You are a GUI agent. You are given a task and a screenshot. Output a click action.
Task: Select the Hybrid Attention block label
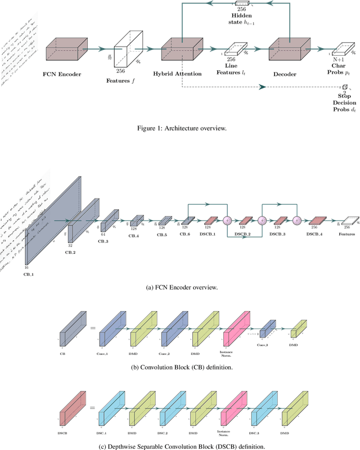tap(182, 74)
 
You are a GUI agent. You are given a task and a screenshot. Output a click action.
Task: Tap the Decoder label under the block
tap(289, 73)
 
